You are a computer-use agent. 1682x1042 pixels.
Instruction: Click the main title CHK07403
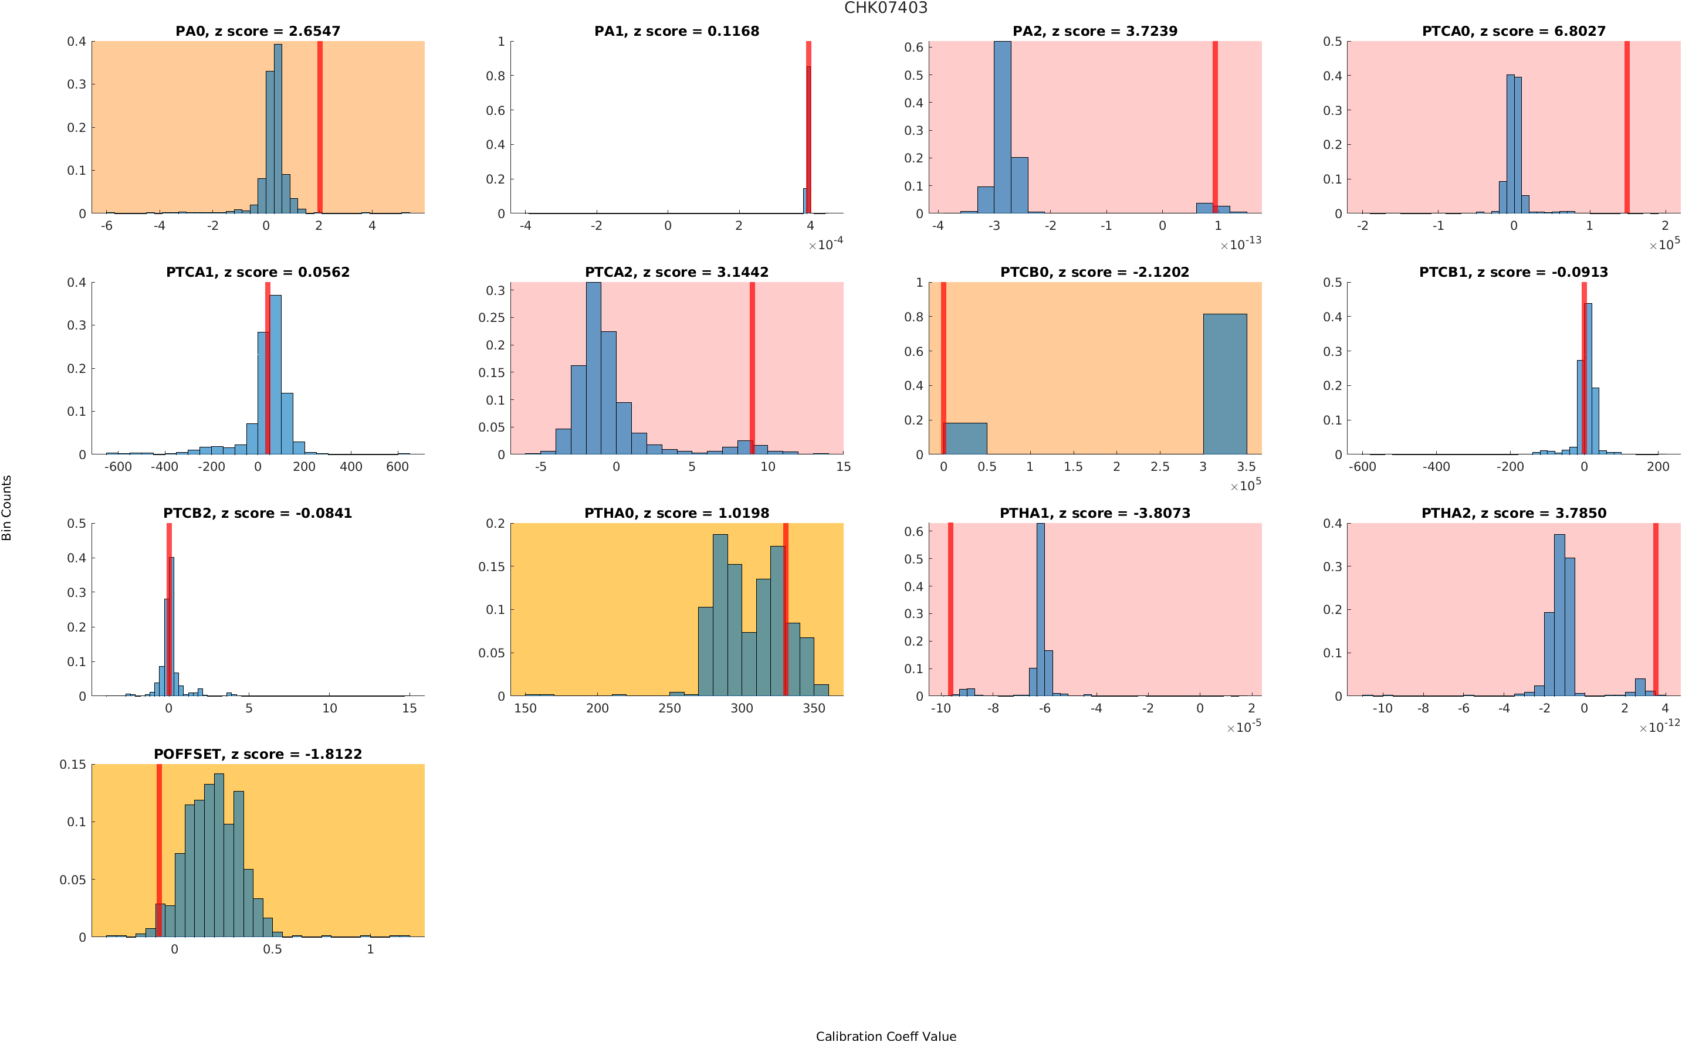coord(885,8)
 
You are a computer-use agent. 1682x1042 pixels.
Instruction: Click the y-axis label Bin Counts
coord(7,507)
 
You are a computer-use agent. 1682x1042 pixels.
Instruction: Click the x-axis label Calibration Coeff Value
coord(885,1035)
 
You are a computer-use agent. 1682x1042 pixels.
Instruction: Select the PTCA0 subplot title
coord(1513,31)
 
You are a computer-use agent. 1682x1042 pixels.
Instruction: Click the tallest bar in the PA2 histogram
coord(1002,127)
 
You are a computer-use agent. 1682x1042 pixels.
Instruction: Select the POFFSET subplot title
coord(257,754)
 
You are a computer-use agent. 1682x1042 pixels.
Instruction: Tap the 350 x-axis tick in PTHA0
coord(813,708)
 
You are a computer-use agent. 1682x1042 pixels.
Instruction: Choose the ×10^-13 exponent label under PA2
coord(1240,244)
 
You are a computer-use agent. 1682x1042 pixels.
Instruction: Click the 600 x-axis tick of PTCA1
coord(397,467)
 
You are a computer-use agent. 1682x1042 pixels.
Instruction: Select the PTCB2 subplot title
coord(257,512)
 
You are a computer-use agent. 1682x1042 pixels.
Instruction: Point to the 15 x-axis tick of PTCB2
coord(409,708)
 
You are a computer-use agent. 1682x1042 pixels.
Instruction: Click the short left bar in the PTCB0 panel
coord(965,438)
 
